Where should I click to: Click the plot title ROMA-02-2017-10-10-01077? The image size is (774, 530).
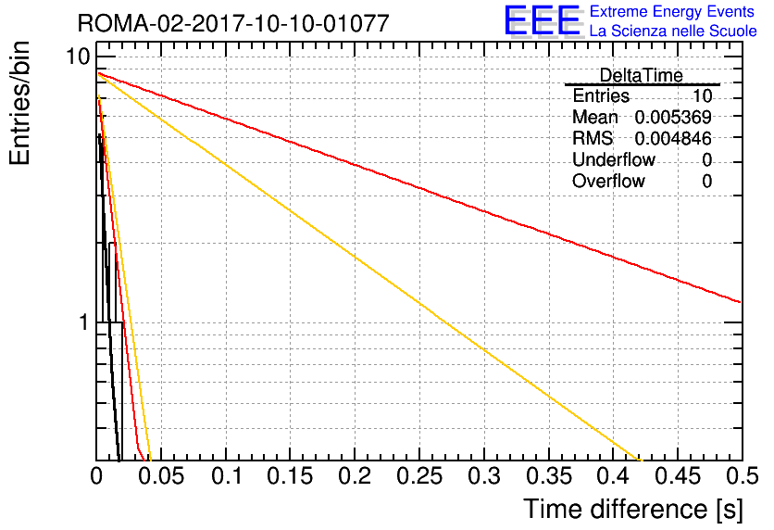coord(233,23)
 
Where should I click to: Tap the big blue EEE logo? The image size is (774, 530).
coord(542,20)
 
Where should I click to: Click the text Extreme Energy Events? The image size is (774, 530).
coord(672,11)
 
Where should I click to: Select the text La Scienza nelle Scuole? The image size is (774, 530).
coord(673,31)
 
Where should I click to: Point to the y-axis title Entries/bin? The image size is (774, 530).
coord(19,103)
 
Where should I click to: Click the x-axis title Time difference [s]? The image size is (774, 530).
coord(633,510)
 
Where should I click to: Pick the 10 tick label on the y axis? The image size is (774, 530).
coord(79,57)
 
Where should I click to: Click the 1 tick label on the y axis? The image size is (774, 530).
coord(84,322)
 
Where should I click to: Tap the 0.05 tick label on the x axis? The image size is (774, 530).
coord(161,476)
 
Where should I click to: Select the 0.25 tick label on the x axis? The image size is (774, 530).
coord(419,476)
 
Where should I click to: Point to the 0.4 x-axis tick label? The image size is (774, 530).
coord(613,476)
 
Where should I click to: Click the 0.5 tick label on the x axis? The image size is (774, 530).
coord(742,476)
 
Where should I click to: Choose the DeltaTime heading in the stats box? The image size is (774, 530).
coord(641,75)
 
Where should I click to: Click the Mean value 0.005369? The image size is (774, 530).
coord(673,117)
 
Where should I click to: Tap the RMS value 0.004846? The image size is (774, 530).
coord(673,138)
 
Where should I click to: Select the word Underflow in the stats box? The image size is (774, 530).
coord(614,159)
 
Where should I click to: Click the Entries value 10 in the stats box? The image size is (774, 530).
coord(702,95)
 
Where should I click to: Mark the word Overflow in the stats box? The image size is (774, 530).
coord(608,181)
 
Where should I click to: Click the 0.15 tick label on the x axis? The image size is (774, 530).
coord(290,476)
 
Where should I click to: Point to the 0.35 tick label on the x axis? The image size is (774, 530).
coord(548,476)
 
